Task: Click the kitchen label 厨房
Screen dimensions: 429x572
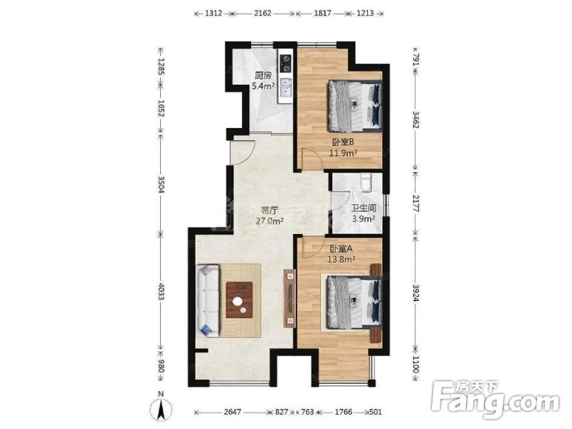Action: pyautogui.click(x=263, y=76)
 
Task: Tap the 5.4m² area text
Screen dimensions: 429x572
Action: pyautogui.click(x=263, y=87)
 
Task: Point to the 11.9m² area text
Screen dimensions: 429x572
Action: pyautogui.click(x=342, y=152)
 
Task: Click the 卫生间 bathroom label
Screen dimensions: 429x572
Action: pyautogui.click(x=364, y=208)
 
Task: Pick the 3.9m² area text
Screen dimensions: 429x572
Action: pyautogui.click(x=364, y=219)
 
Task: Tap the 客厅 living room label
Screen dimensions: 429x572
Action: pyautogui.click(x=269, y=211)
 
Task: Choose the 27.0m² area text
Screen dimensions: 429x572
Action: pyautogui.click(x=270, y=221)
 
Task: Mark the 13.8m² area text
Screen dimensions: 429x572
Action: pyautogui.click(x=342, y=260)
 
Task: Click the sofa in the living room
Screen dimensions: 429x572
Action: pyautogui.click(x=209, y=300)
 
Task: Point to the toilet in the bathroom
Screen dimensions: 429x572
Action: pyautogui.click(x=365, y=183)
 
